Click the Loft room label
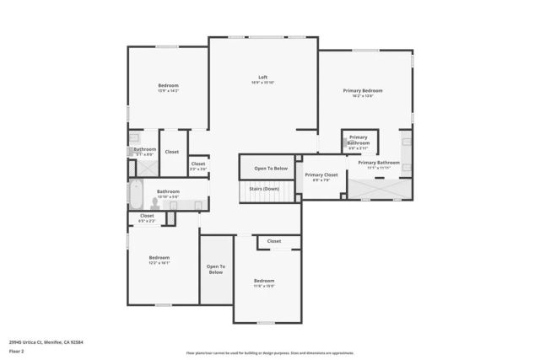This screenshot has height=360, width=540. click(x=263, y=78)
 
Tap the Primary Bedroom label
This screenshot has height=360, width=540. click(x=363, y=90)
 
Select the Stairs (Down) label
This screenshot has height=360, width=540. click(x=264, y=189)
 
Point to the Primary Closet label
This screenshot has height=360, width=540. click(x=321, y=175)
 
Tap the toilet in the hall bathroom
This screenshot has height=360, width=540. click(x=157, y=203)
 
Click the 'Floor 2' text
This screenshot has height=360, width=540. click(x=16, y=350)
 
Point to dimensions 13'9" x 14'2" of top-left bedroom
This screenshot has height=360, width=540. click(x=169, y=90)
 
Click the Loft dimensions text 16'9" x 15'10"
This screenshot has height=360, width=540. click(x=263, y=83)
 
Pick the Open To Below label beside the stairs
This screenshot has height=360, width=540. click(x=271, y=169)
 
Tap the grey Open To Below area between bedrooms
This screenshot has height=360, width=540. click(x=215, y=270)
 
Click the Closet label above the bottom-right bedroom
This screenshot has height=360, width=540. click(x=274, y=241)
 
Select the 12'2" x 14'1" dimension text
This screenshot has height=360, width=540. click(x=159, y=262)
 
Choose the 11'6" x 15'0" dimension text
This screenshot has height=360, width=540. click(x=264, y=285)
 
